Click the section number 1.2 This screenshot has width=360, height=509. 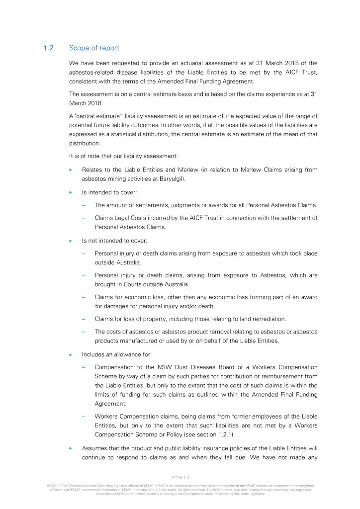click(49, 48)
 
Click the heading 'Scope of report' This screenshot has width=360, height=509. click(94, 48)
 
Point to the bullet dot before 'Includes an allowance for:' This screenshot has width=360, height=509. click(71, 355)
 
